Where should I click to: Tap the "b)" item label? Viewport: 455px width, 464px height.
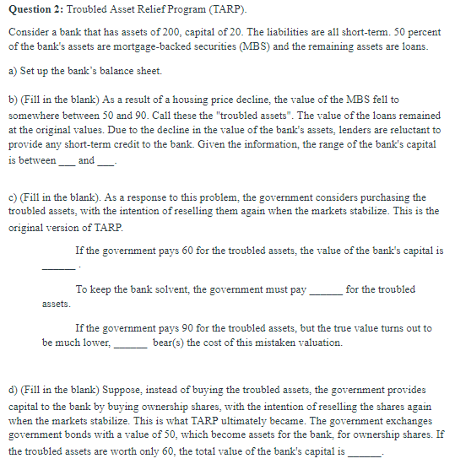pos(12,100)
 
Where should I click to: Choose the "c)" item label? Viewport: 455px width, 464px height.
pos(12,198)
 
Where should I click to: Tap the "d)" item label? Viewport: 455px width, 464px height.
pos(12,391)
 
